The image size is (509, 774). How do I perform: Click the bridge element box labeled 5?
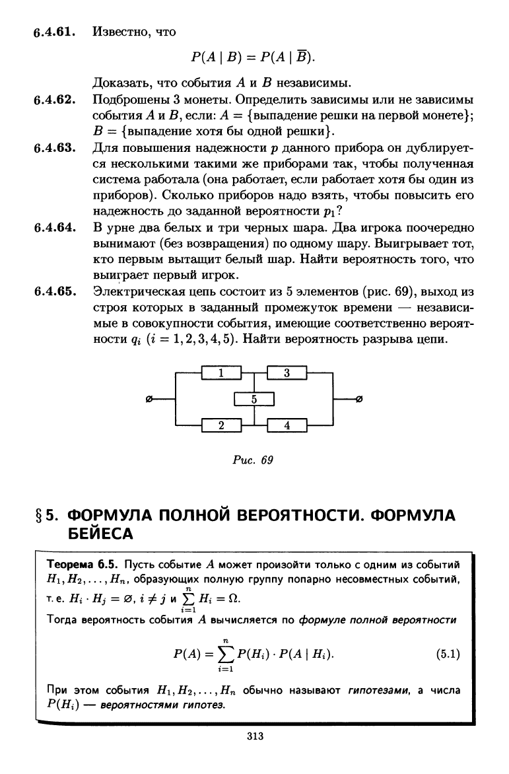(x=254, y=400)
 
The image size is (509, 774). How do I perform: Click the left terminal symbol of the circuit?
(x=149, y=400)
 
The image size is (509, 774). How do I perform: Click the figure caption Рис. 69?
(x=254, y=460)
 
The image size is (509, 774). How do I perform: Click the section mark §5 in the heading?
(x=47, y=514)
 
